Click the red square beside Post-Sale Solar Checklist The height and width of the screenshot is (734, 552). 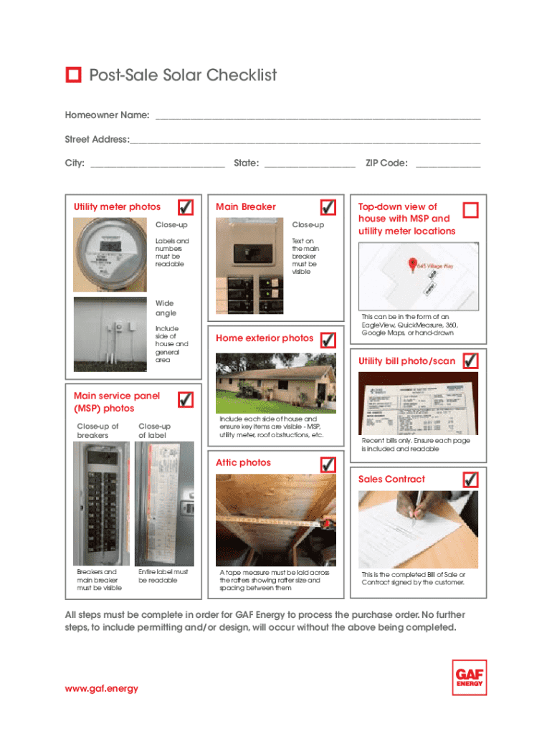[x=73, y=75]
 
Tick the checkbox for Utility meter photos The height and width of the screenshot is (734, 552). [x=185, y=207]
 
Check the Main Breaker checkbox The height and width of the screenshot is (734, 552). [x=328, y=207]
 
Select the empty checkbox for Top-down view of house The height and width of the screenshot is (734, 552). [x=470, y=210]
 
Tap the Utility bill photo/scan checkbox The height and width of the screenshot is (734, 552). [x=470, y=361]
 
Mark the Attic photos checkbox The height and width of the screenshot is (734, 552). [x=328, y=464]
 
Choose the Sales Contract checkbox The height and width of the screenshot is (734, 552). [x=470, y=479]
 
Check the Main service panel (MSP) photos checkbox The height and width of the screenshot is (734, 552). [x=185, y=399]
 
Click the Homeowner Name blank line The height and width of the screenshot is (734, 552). [x=317, y=116]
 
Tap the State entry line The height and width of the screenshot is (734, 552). [x=310, y=164]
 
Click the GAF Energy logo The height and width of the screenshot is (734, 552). [x=470, y=677]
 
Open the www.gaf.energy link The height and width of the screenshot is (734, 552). [x=101, y=689]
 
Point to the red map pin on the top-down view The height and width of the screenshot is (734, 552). [x=412, y=264]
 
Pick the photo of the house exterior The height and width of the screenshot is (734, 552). [x=275, y=383]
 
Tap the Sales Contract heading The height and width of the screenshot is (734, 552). [x=391, y=480]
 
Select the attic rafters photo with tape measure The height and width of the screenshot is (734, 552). [x=275, y=519]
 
